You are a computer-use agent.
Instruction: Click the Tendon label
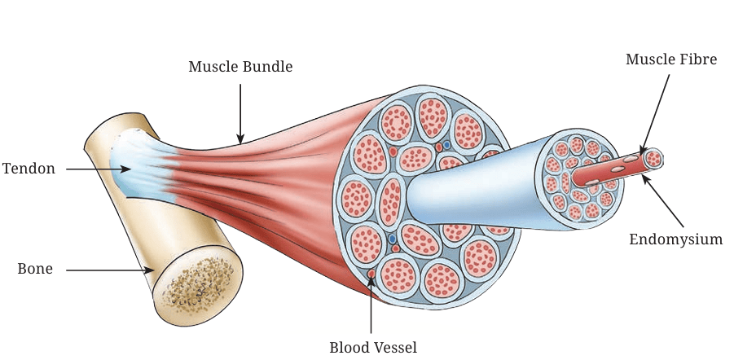tap(29, 169)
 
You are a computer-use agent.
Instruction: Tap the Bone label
tap(35, 269)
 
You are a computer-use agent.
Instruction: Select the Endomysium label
tap(676, 239)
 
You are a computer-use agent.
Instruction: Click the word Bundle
tap(266, 67)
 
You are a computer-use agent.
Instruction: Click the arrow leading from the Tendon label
tap(99, 169)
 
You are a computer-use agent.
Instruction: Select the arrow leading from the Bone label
tap(110, 270)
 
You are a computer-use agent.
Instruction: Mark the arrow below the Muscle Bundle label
tap(240, 114)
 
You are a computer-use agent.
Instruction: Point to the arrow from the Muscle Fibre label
tap(656, 114)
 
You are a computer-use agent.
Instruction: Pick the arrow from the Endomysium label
tap(662, 200)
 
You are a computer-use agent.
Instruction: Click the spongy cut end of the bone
tap(198, 285)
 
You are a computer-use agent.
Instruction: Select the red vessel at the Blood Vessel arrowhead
tap(371, 274)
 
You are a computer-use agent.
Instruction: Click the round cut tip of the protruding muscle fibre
tap(654, 159)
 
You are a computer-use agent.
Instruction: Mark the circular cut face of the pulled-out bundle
tap(579, 179)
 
